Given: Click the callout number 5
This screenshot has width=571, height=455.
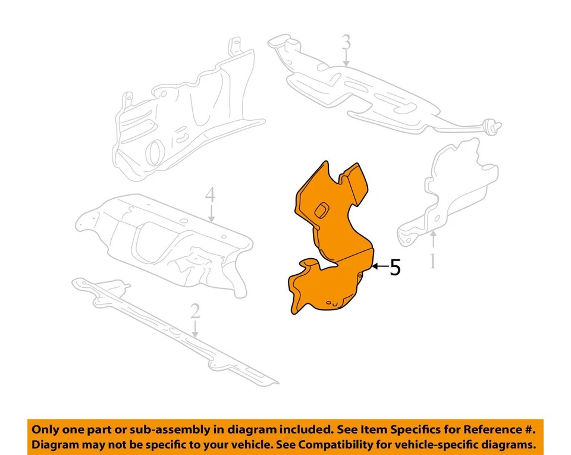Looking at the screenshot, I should pyautogui.click(x=395, y=268).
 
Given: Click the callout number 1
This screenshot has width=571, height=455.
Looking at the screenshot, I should pyautogui.click(x=433, y=261).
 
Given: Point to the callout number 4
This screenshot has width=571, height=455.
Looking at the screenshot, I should pyautogui.click(x=210, y=196).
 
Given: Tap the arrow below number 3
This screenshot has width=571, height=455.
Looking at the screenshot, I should pyautogui.click(x=346, y=59).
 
